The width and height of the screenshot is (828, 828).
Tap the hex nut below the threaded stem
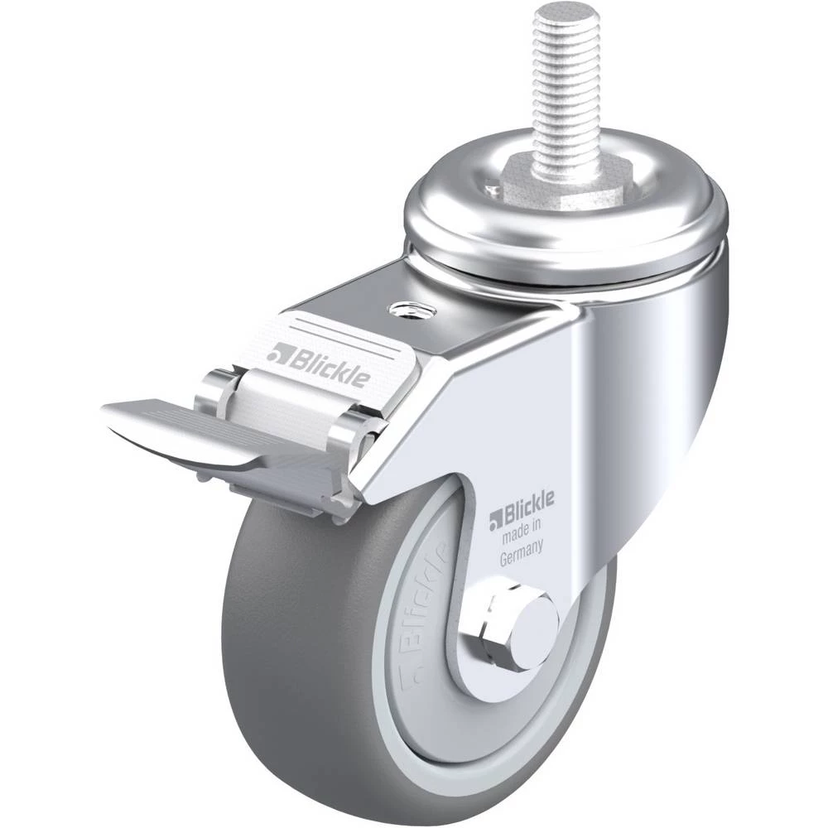click(567, 185)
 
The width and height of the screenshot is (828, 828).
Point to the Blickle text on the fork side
click(522, 509)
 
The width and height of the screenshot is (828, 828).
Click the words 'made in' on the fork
click(521, 532)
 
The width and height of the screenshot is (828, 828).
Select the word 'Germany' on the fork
click(521, 553)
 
